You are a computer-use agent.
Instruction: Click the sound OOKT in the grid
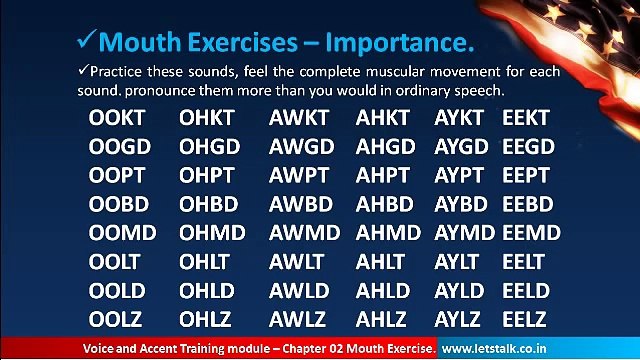point(119,119)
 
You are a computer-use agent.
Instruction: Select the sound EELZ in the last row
point(525,320)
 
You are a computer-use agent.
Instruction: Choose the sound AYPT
point(461,176)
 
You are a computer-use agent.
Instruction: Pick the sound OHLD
point(209,291)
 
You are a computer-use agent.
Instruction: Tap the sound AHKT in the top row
point(382,119)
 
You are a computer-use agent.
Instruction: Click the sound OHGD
point(210,147)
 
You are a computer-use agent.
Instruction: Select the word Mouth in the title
point(140,43)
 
